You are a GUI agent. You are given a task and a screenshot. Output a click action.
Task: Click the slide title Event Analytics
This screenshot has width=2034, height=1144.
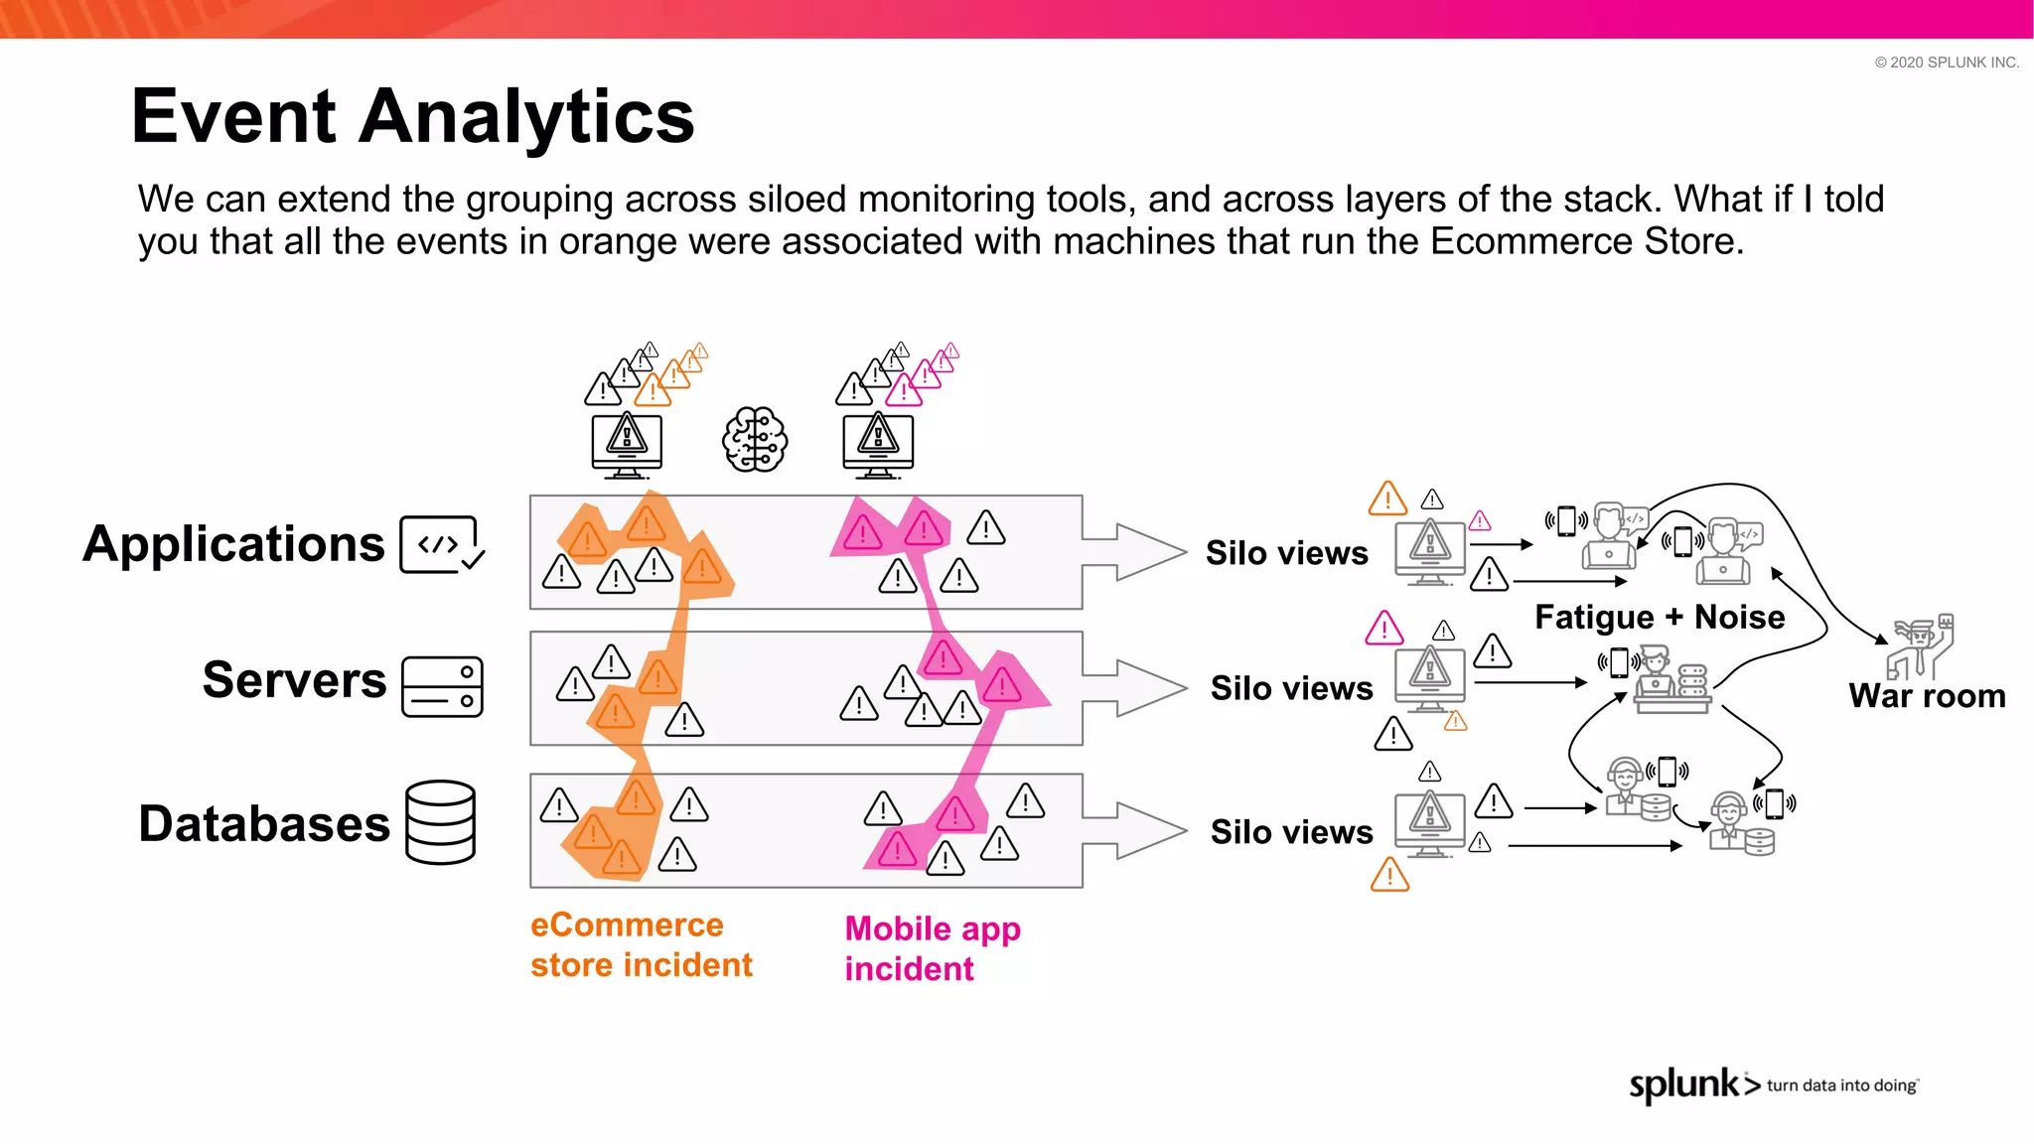click(412, 116)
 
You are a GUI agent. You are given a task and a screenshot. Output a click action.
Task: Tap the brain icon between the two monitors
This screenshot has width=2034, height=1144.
click(755, 440)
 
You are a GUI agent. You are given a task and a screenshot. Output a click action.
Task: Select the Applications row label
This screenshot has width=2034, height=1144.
click(233, 544)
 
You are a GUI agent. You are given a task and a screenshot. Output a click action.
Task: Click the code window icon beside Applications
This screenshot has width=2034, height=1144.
click(441, 544)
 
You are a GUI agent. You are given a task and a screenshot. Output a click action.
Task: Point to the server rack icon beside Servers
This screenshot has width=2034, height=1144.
click(442, 686)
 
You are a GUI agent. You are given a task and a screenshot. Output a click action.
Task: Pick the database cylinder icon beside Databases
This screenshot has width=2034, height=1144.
click(441, 822)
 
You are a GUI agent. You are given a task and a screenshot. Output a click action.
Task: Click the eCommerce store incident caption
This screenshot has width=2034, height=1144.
click(641, 944)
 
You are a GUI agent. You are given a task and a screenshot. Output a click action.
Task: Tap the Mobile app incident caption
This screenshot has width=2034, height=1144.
click(932, 948)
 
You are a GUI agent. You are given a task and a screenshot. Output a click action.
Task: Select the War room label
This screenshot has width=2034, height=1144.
click(1927, 695)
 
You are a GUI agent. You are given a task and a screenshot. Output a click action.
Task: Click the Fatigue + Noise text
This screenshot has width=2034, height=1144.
click(1660, 617)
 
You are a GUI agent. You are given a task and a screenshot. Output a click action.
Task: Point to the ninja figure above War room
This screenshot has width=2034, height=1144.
click(1921, 645)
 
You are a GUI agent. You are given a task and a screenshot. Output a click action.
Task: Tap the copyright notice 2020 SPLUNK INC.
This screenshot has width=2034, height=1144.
click(1947, 63)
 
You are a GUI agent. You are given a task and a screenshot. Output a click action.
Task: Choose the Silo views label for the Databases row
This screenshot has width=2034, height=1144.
click(1291, 832)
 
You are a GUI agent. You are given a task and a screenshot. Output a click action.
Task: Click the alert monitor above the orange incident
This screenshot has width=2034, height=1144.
click(627, 444)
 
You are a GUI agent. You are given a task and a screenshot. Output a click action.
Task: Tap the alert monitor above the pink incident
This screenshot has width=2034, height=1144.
click(878, 444)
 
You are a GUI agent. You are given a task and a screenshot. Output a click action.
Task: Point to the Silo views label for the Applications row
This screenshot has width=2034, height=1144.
click(1286, 553)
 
